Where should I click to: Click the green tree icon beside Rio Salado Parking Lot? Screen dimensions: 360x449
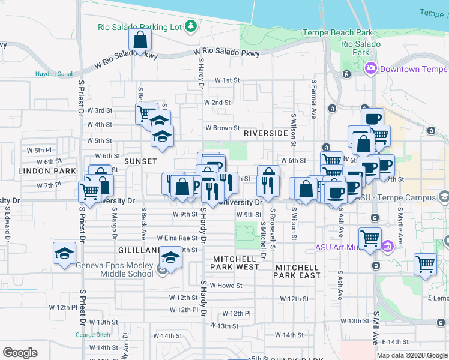click(x=191, y=26)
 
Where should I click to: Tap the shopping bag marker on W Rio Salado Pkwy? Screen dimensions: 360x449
click(x=140, y=41)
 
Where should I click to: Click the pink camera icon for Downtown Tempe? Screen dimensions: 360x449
click(x=370, y=69)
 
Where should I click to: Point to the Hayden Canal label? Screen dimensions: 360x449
click(x=54, y=74)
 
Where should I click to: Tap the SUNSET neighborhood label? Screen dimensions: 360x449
click(x=140, y=161)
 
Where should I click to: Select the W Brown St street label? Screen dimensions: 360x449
click(x=223, y=128)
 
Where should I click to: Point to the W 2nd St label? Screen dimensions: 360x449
click(x=217, y=103)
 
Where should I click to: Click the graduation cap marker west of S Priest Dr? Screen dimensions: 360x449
click(x=64, y=253)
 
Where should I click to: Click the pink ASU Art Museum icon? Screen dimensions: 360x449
click(x=388, y=246)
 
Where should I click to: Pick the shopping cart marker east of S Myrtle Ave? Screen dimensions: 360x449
click(x=425, y=264)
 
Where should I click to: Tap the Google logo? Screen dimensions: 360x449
click(x=20, y=353)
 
